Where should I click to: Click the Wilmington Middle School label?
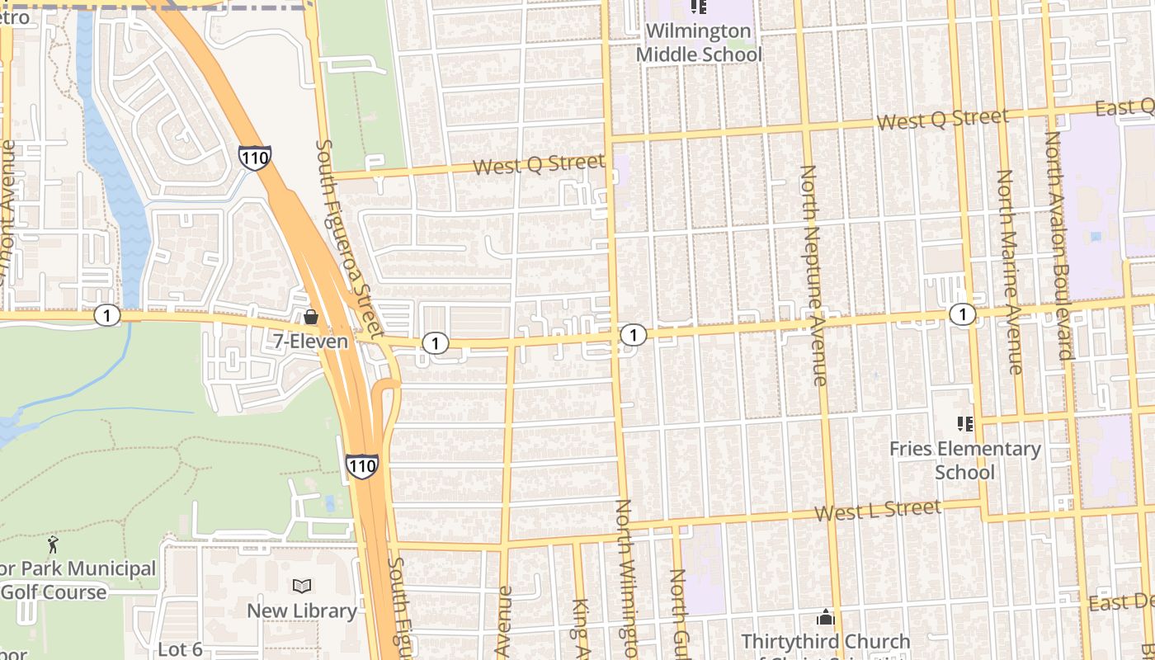pyautogui.click(x=698, y=43)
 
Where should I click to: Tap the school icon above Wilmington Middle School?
pyautogui.click(x=699, y=7)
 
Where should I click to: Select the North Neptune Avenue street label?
pyautogui.click(x=813, y=275)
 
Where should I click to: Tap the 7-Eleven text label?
pyautogui.click(x=311, y=341)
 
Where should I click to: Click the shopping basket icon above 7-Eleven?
pyautogui.click(x=311, y=317)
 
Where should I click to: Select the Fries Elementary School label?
pyautogui.click(x=964, y=460)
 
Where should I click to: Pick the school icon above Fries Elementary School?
pyautogui.click(x=964, y=424)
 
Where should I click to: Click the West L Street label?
pyautogui.click(x=877, y=510)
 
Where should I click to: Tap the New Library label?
pyautogui.click(x=302, y=611)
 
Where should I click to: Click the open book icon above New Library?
pyautogui.click(x=302, y=587)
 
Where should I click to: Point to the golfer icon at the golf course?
pyautogui.click(x=54, y=544)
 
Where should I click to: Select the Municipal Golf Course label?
pyautogui.click(x=78, y=580)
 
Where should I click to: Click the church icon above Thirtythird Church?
pyautogui.click(x=825, y=617)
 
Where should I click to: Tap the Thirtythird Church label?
pyautogui.click(x=825, y=642)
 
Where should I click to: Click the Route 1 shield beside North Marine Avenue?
pyautogui.click(x=962, y=313)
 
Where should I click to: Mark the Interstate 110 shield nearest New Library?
pyautogui.click(x=361, y=466)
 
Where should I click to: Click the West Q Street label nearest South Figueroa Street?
pyautogui.click(x=539, y=164)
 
